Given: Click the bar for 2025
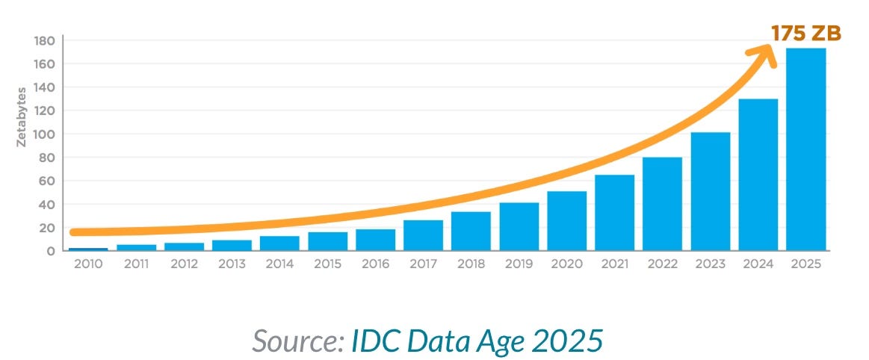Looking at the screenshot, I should point(806,149).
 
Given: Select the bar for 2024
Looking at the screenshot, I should point(758,175).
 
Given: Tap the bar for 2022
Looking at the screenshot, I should point(663,204).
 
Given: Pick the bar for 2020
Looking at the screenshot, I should point(567,221).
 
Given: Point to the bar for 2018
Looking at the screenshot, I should point(471,232).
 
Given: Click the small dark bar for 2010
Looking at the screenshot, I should point(88,249).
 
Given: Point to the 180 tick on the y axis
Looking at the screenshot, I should point(46,40).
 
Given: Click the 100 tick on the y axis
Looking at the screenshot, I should point(46,134).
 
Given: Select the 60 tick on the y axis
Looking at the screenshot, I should point(48,181).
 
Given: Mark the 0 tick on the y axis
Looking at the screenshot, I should point(51,251).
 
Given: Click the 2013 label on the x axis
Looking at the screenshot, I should point(232,264).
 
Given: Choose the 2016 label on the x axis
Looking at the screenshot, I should point(375,264).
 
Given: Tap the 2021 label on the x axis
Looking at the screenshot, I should point(614,264).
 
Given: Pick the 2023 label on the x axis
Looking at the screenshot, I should point(711,264).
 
